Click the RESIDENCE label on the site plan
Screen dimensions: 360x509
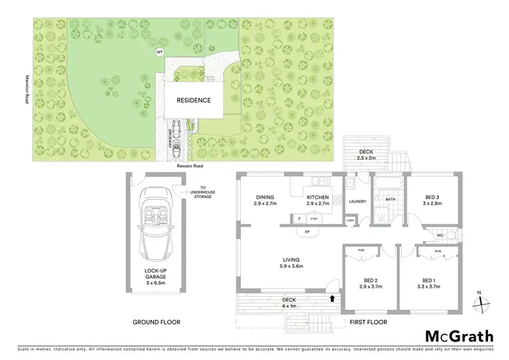point(193,101)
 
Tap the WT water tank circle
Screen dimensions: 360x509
point(160,52)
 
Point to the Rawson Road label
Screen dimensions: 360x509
point(189,166)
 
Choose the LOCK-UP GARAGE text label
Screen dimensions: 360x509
point(155,274)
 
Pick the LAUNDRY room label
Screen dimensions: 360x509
point(357,202)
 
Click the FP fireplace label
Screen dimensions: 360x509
point(307,231)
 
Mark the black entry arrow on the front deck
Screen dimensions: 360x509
point(332,298)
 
